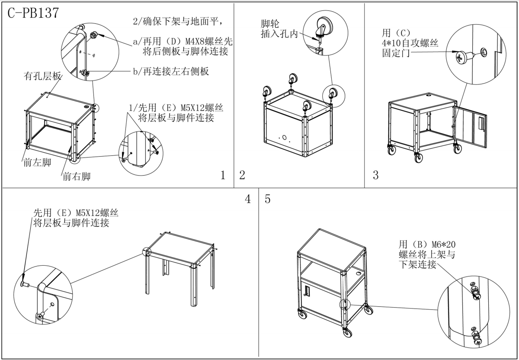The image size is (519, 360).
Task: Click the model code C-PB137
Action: tap(33, 13)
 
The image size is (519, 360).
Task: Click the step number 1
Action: tap(223, 175)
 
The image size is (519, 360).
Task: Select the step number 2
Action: tap(242, 175)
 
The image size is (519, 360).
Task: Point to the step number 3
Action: tap(375, 175)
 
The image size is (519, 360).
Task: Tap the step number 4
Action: tap(248, 199)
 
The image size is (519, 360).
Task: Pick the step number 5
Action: tap(268, 199)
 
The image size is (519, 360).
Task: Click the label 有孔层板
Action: tap(42, 77)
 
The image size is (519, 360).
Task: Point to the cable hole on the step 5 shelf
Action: tap(359, 274)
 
